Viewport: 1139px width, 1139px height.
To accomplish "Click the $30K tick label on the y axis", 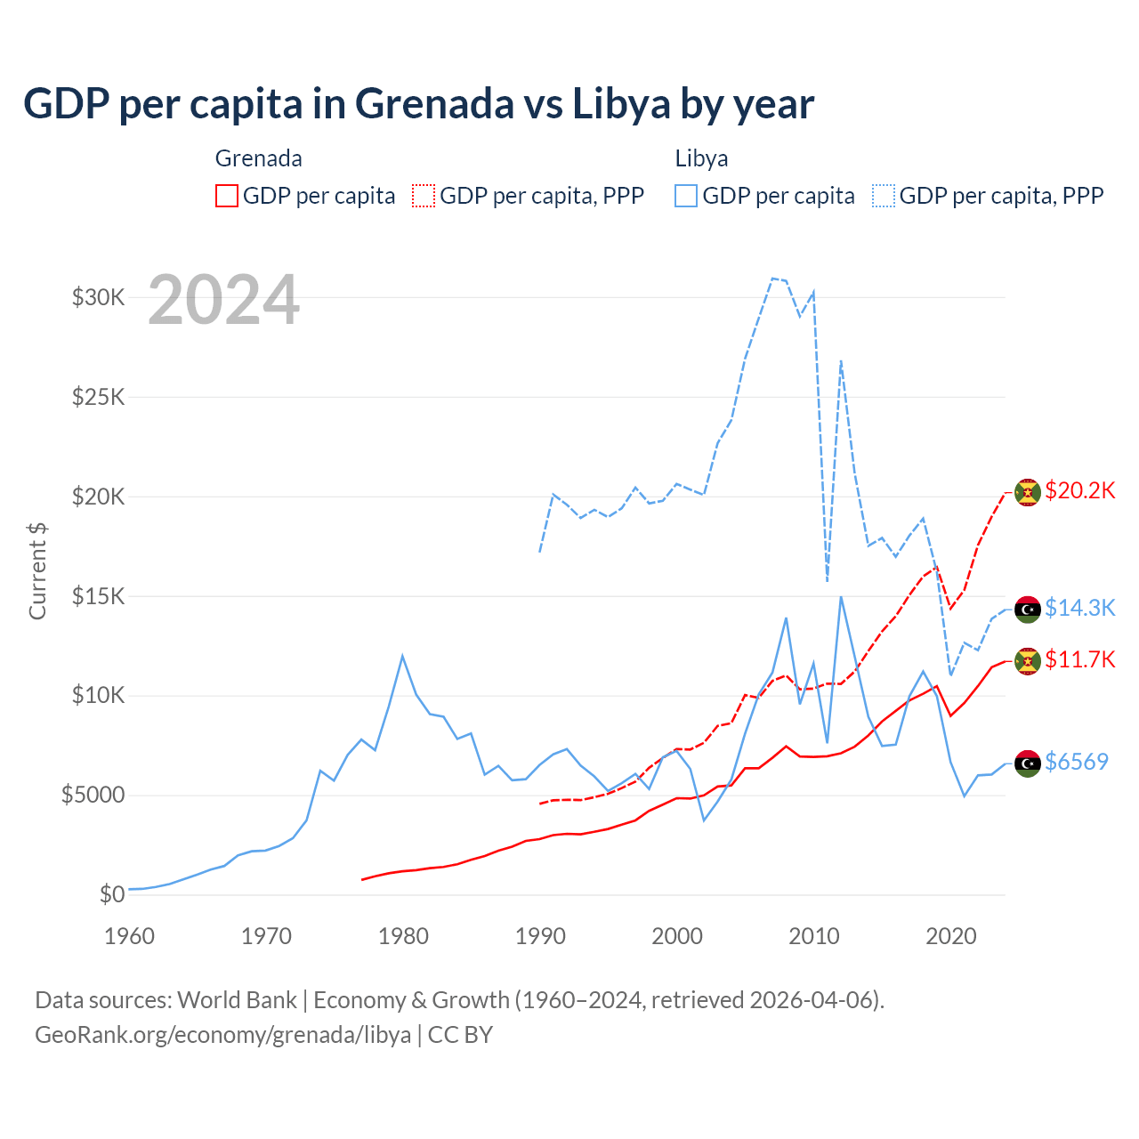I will [98, 297].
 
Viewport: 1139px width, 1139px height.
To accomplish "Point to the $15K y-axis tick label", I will [98, 596].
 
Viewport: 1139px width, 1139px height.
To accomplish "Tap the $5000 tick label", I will [93, 795].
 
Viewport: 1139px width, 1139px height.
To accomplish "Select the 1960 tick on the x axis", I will [129, 936].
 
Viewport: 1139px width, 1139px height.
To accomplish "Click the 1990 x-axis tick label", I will [540, 936].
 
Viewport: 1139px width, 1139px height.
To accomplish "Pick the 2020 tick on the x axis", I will [951, 936].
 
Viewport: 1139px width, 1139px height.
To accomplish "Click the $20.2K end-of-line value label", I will [1079, 491].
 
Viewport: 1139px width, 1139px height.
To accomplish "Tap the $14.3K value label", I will [1079, 608].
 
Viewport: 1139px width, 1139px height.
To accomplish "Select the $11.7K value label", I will [1079, 659].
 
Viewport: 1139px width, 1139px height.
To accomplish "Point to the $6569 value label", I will [1077, 762].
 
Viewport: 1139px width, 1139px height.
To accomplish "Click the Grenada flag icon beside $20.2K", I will [1028, 492].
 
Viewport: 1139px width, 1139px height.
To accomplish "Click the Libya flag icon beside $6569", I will [1028, 763].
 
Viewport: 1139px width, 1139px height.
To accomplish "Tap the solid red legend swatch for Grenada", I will [227, 196].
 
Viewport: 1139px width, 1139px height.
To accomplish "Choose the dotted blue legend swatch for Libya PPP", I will [884, 196].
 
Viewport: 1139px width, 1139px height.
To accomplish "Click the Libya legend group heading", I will [701, 158].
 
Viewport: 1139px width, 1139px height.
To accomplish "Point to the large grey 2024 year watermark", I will [223, 300].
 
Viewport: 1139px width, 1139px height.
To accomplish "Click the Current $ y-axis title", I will [37, 570].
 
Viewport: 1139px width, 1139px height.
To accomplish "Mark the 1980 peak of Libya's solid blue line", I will [402, 656].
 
